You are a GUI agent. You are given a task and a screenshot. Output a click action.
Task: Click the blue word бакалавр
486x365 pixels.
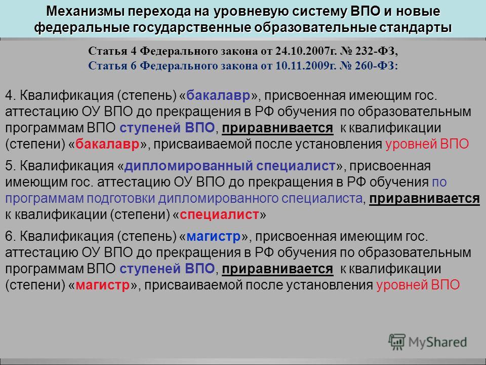[x=218, y=95]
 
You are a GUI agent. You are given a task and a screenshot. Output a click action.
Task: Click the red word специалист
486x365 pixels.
[x=219, y=214]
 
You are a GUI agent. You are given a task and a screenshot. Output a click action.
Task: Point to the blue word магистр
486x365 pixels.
[x=214, y=237]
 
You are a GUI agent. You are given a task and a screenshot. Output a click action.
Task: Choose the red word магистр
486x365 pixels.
[x=103, y=285]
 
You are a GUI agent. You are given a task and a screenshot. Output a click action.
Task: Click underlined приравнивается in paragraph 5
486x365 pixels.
[x=424, y=199]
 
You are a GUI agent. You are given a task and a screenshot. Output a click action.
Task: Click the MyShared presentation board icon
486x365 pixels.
[x=397, y=342]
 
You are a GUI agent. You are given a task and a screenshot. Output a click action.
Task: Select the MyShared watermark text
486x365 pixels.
[x=437, y=342]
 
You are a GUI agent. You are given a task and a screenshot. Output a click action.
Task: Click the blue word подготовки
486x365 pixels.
[x=120, y=199]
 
